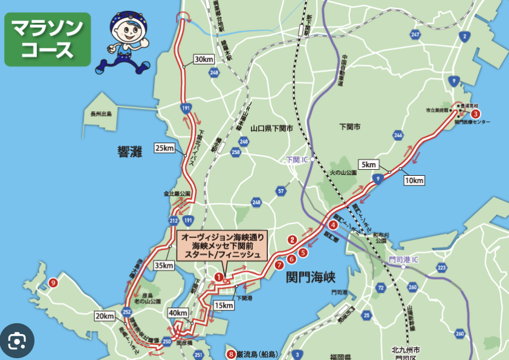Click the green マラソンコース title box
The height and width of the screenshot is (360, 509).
[x=48, y=39]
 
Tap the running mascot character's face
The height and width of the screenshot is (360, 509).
[x=128, y=30]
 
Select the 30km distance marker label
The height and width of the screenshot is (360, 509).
[x=204, y=59]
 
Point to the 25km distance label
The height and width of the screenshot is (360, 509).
[x=164, y=148]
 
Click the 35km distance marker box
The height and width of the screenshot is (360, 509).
[x=163, y=265]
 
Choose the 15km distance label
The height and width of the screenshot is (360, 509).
[x=224, y=305]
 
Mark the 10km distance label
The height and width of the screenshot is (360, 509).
[x=414, y=180]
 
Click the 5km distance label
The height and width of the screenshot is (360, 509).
[x=368, y=165]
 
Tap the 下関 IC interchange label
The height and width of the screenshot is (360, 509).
[x=298, y=160]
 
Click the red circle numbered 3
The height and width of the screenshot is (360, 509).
[x=476, y=113]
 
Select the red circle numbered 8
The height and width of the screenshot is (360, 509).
[x=230, y=354]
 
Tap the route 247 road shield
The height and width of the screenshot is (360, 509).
[x=415, y=35]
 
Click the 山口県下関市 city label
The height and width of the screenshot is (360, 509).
[x=271, y=128]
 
